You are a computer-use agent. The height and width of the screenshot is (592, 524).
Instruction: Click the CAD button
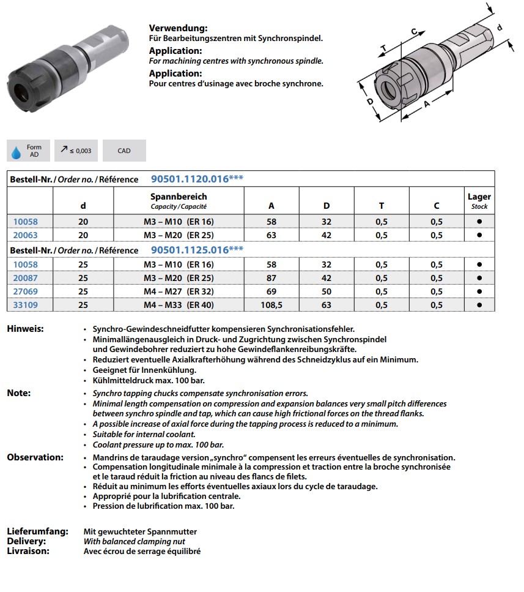point(124,151)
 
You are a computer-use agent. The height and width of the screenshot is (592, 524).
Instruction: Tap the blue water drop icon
point(17,151)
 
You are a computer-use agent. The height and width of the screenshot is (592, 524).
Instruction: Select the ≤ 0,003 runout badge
point(76,151)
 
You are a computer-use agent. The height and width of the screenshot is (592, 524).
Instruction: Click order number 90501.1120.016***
point(197,179)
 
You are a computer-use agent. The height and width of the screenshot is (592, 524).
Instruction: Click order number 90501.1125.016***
point(197,250)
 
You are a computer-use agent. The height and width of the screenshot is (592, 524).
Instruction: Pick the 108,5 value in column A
point(271,305)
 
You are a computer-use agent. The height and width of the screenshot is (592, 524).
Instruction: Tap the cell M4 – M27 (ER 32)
point(179,291)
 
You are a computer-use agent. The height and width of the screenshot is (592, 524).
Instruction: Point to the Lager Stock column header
point(479,201)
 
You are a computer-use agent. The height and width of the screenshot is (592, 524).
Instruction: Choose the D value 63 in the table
point(327,305)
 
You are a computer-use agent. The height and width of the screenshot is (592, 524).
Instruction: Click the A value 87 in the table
point(271,278)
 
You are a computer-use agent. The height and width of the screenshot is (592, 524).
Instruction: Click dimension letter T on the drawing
point(383,48)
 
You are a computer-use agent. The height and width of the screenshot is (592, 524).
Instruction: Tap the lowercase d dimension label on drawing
point(499,28)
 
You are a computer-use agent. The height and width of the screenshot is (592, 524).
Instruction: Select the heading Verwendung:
point(178,28)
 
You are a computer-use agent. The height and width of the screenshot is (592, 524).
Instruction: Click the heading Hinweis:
point(25,329)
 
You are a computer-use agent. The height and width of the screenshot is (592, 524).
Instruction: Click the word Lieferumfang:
point(37,531)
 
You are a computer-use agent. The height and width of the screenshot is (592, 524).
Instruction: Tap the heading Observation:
point(35,457)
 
